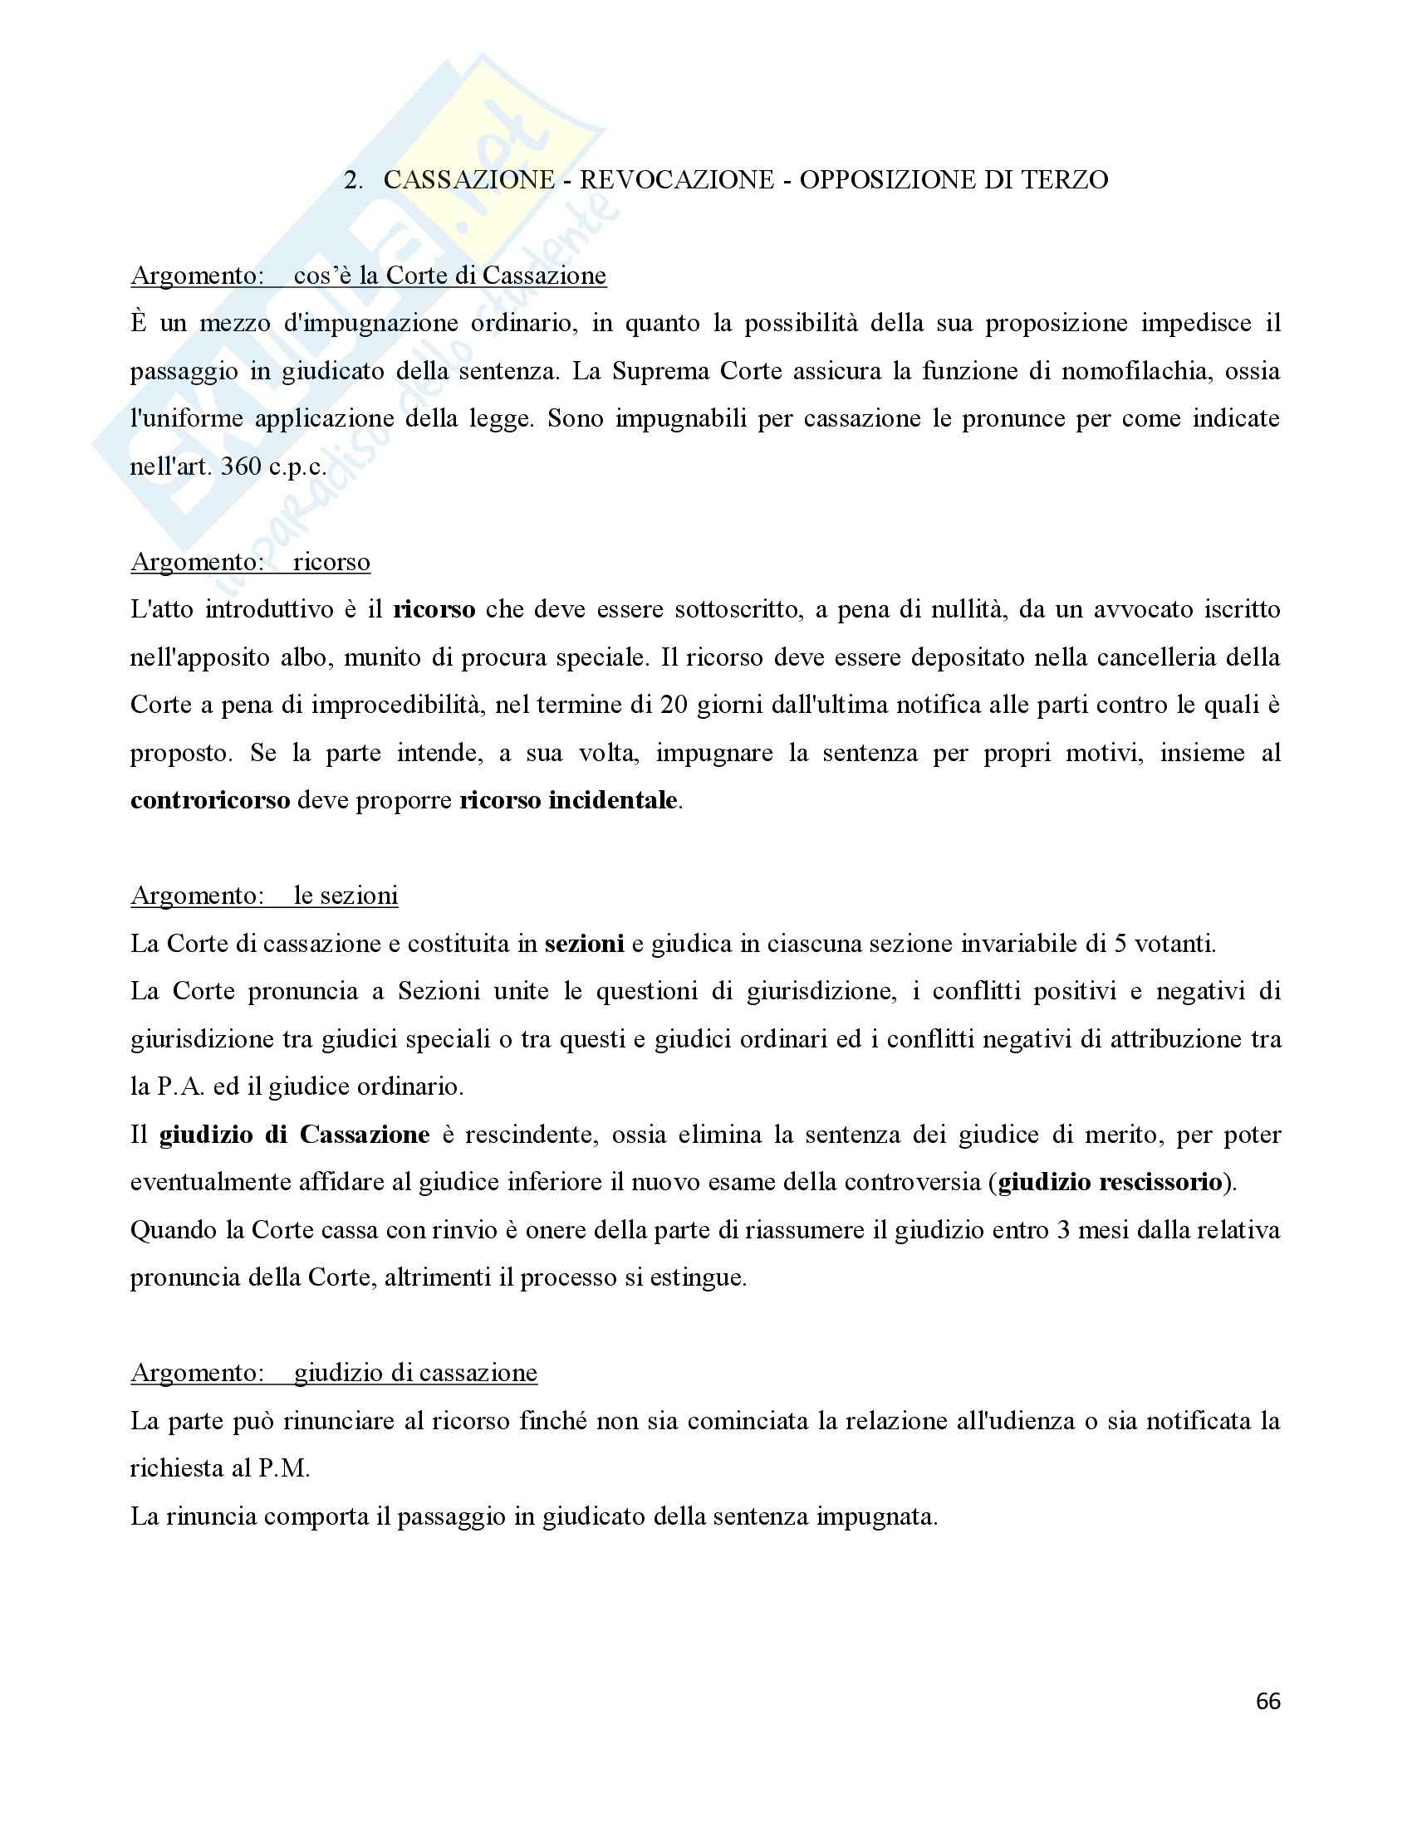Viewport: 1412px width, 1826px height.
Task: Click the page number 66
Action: [x=1267, y=1701]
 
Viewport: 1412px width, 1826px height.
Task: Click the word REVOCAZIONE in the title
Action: [x=677, y=180]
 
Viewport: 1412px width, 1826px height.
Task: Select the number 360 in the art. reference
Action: [x=241, y=466]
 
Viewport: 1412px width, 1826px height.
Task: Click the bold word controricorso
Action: [x=210, y=800]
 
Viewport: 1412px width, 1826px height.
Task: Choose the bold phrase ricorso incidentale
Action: [x=569, y=800]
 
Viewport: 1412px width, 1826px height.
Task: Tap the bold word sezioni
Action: [x=584, y=944]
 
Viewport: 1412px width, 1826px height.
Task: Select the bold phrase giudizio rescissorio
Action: [x=1110, y=1182]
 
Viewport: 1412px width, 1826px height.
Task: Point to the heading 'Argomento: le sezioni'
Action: [x=264, y=896]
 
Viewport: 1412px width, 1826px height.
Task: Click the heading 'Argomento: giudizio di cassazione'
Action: [x=334, y=1373]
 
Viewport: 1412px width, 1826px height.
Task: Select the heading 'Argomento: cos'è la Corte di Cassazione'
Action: [x=368, y=275]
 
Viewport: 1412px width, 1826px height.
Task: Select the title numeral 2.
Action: [x=353, y=180]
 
